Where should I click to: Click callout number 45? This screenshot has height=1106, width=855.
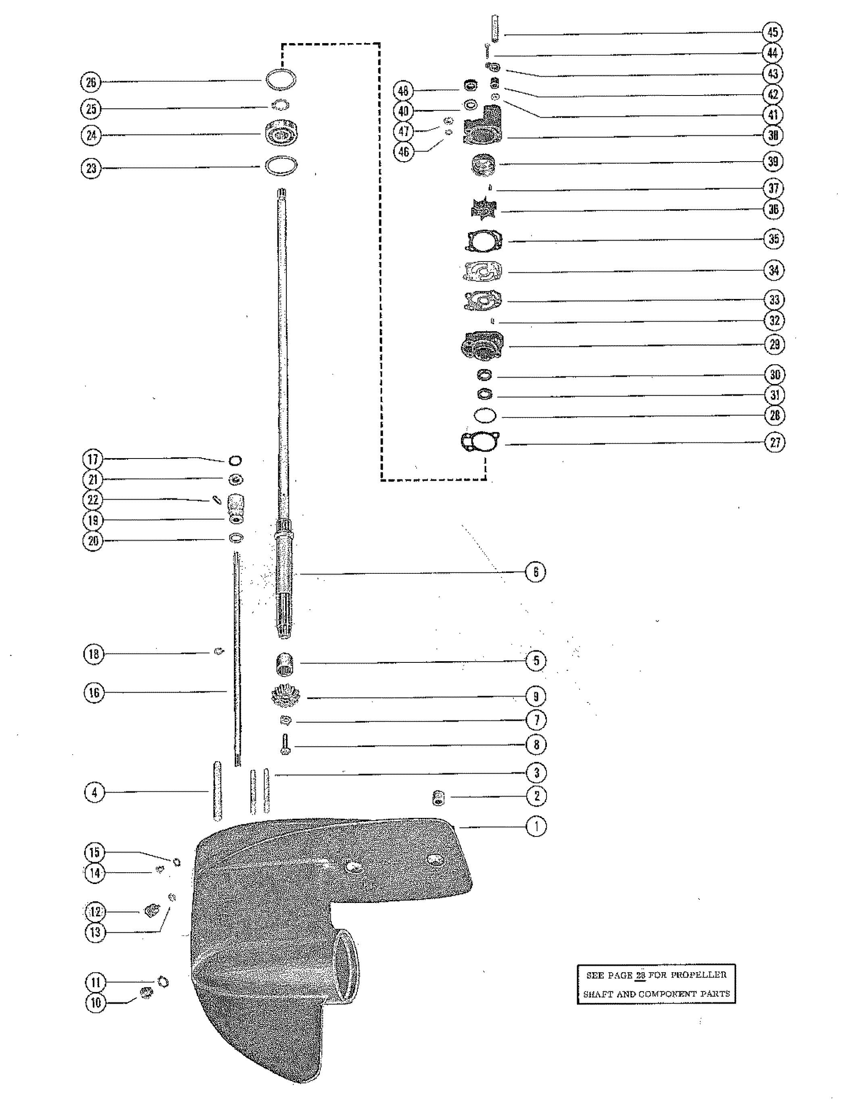(772, 32)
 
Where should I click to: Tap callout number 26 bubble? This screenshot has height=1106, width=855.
(91, 82)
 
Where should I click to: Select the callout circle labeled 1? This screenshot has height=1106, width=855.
(536, 826)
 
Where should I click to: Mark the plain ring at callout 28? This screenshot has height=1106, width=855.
(485, 415)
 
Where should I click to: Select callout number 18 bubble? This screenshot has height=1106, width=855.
(94, 654)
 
